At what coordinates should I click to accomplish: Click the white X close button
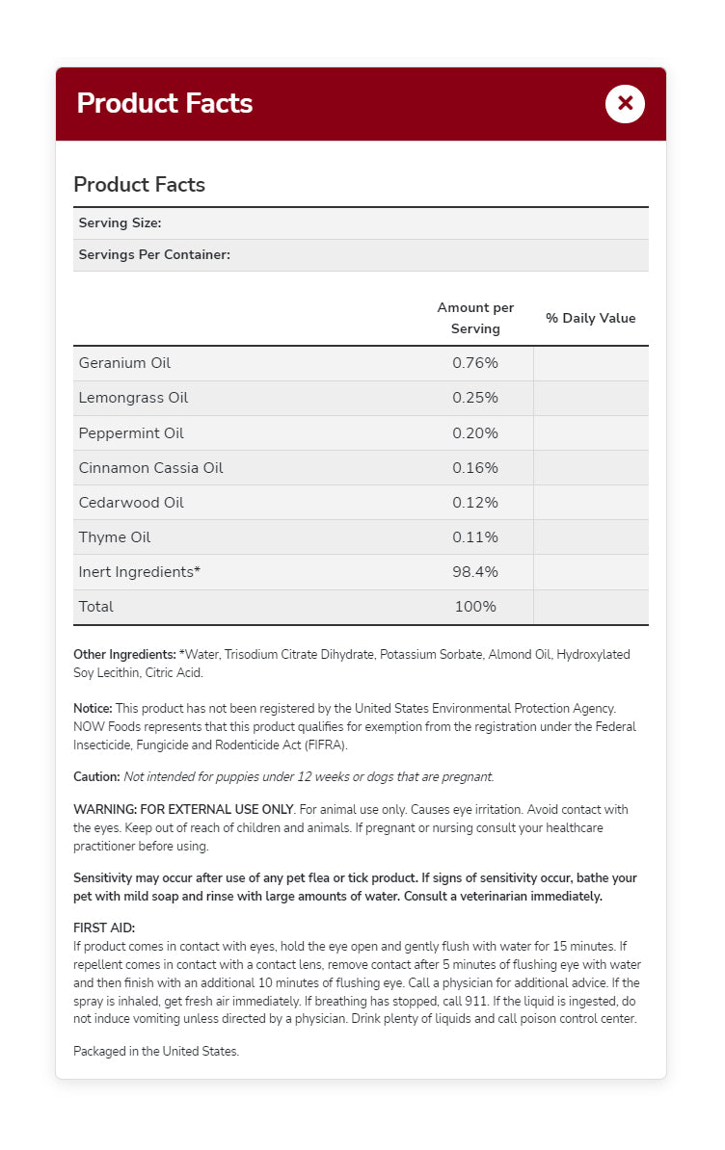(625, 103)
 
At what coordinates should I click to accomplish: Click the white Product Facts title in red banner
(165, 103)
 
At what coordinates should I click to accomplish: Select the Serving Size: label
(120, 223)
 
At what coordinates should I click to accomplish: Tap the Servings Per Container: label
(154, 255)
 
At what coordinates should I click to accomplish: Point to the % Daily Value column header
(591, 319)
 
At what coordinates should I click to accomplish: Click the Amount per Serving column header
(475, 318)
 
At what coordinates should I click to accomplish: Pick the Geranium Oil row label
(124, 363)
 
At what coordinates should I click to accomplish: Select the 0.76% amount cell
(475, 363)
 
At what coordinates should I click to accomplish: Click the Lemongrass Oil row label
(133, 398)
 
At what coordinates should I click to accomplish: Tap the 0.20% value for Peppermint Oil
(475, 432)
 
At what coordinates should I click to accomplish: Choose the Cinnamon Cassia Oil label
(150, 467)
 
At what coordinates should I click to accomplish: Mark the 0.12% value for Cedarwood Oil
(475, 502)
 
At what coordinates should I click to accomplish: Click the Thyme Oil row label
(115, 536)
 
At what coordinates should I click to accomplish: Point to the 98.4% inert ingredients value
(475, 571)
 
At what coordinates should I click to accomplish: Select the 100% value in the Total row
(475, 606)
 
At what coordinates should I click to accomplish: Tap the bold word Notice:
(93, 708)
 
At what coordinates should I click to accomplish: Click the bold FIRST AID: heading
(104, 928)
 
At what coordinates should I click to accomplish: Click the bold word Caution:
(96, 776)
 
